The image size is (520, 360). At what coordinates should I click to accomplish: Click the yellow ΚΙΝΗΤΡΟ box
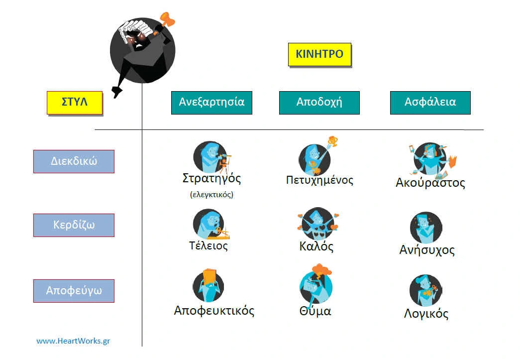[319, 54]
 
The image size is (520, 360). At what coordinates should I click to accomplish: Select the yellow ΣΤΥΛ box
[75, 103]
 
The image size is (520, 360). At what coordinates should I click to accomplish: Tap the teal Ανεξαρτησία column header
[211, 102]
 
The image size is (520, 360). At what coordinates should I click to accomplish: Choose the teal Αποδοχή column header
[319, 102]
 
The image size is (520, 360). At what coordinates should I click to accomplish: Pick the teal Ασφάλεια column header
[430, 102]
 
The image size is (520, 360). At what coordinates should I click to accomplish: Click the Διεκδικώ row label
[74, 161]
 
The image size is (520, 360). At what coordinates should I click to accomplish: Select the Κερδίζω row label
[74, 225]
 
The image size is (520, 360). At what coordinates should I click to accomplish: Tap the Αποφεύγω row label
[74, 290]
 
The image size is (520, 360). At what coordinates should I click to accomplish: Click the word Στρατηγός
[211, 179]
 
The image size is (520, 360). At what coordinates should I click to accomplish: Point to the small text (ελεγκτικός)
[211, 195]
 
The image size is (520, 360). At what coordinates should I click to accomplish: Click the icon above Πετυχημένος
[315, 157]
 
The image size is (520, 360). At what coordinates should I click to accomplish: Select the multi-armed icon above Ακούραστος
[429, 159]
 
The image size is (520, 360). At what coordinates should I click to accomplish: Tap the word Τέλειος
[208, 245]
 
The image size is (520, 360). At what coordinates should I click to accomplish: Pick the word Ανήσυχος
[427, 249]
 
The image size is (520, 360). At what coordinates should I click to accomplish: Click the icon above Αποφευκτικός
[208, 285]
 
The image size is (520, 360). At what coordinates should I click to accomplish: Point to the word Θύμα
[315, 311]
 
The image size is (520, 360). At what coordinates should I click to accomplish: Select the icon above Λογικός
[425, 290]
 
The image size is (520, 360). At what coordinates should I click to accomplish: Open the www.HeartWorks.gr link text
[73, 341]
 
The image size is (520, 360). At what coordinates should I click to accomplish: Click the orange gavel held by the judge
[167, 21]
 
